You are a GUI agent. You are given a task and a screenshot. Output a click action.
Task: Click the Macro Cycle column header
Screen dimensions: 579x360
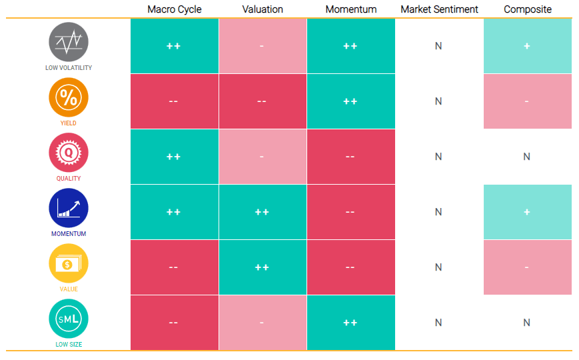(x=175, y=9)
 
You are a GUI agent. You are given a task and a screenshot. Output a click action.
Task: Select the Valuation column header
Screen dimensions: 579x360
(x=263, y=9)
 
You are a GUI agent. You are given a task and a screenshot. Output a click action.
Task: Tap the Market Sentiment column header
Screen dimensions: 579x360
(x=439, y=9)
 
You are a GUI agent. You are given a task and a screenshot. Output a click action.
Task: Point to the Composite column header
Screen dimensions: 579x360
(x=528, y=9)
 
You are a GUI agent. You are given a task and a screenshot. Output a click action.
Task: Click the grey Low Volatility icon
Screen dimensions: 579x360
(x=69, y=42)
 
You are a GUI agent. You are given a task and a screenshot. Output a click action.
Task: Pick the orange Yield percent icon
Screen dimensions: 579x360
(x=69, y=97)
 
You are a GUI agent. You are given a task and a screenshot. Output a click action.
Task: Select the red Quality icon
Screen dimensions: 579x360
(x=69, y=153)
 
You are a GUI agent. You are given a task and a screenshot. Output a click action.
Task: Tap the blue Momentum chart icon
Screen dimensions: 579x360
(x=69, y=208)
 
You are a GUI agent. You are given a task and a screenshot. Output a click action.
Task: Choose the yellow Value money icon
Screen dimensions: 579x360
(x=69, y=263)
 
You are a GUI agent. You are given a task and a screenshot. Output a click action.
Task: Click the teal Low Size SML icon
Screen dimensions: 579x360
(x=69, y=319)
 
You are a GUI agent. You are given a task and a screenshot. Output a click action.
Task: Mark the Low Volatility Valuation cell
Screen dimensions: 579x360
(x=263, y=46)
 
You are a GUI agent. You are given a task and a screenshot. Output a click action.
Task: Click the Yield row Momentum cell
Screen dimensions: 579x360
(x=350, y=101)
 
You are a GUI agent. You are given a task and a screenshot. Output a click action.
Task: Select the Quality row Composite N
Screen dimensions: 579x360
(x=526, y=157)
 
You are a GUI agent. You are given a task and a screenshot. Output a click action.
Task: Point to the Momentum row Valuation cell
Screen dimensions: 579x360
(x=263, y=212)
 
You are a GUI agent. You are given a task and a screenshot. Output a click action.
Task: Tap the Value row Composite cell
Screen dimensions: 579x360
(x=528, y=267)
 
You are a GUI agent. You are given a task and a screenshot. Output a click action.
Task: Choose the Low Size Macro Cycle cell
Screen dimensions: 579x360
(x=175, y=322)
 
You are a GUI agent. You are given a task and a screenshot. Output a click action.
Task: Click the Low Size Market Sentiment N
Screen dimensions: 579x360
(x=438, y=323)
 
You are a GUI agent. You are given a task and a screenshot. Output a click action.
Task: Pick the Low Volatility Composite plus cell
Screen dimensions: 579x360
(x=528, y=46)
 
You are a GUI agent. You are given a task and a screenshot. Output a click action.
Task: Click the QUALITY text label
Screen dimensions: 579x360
(x=69, y=178)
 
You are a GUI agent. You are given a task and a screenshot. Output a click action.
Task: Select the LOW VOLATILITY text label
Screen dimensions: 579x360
(x=69, y=67)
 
